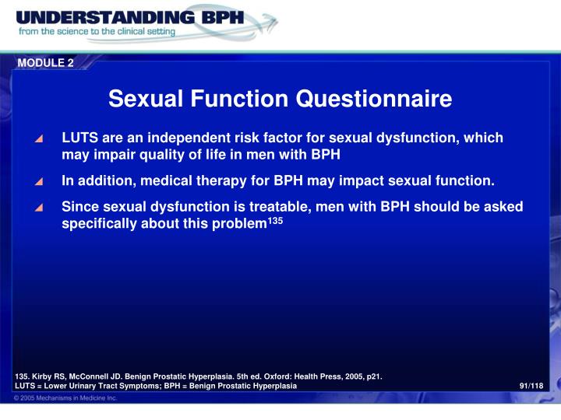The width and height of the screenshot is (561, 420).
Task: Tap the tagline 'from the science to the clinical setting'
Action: [97, 33]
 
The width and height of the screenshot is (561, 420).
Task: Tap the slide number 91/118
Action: [531, 387]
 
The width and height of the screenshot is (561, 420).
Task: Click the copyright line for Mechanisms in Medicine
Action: [66, 398]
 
